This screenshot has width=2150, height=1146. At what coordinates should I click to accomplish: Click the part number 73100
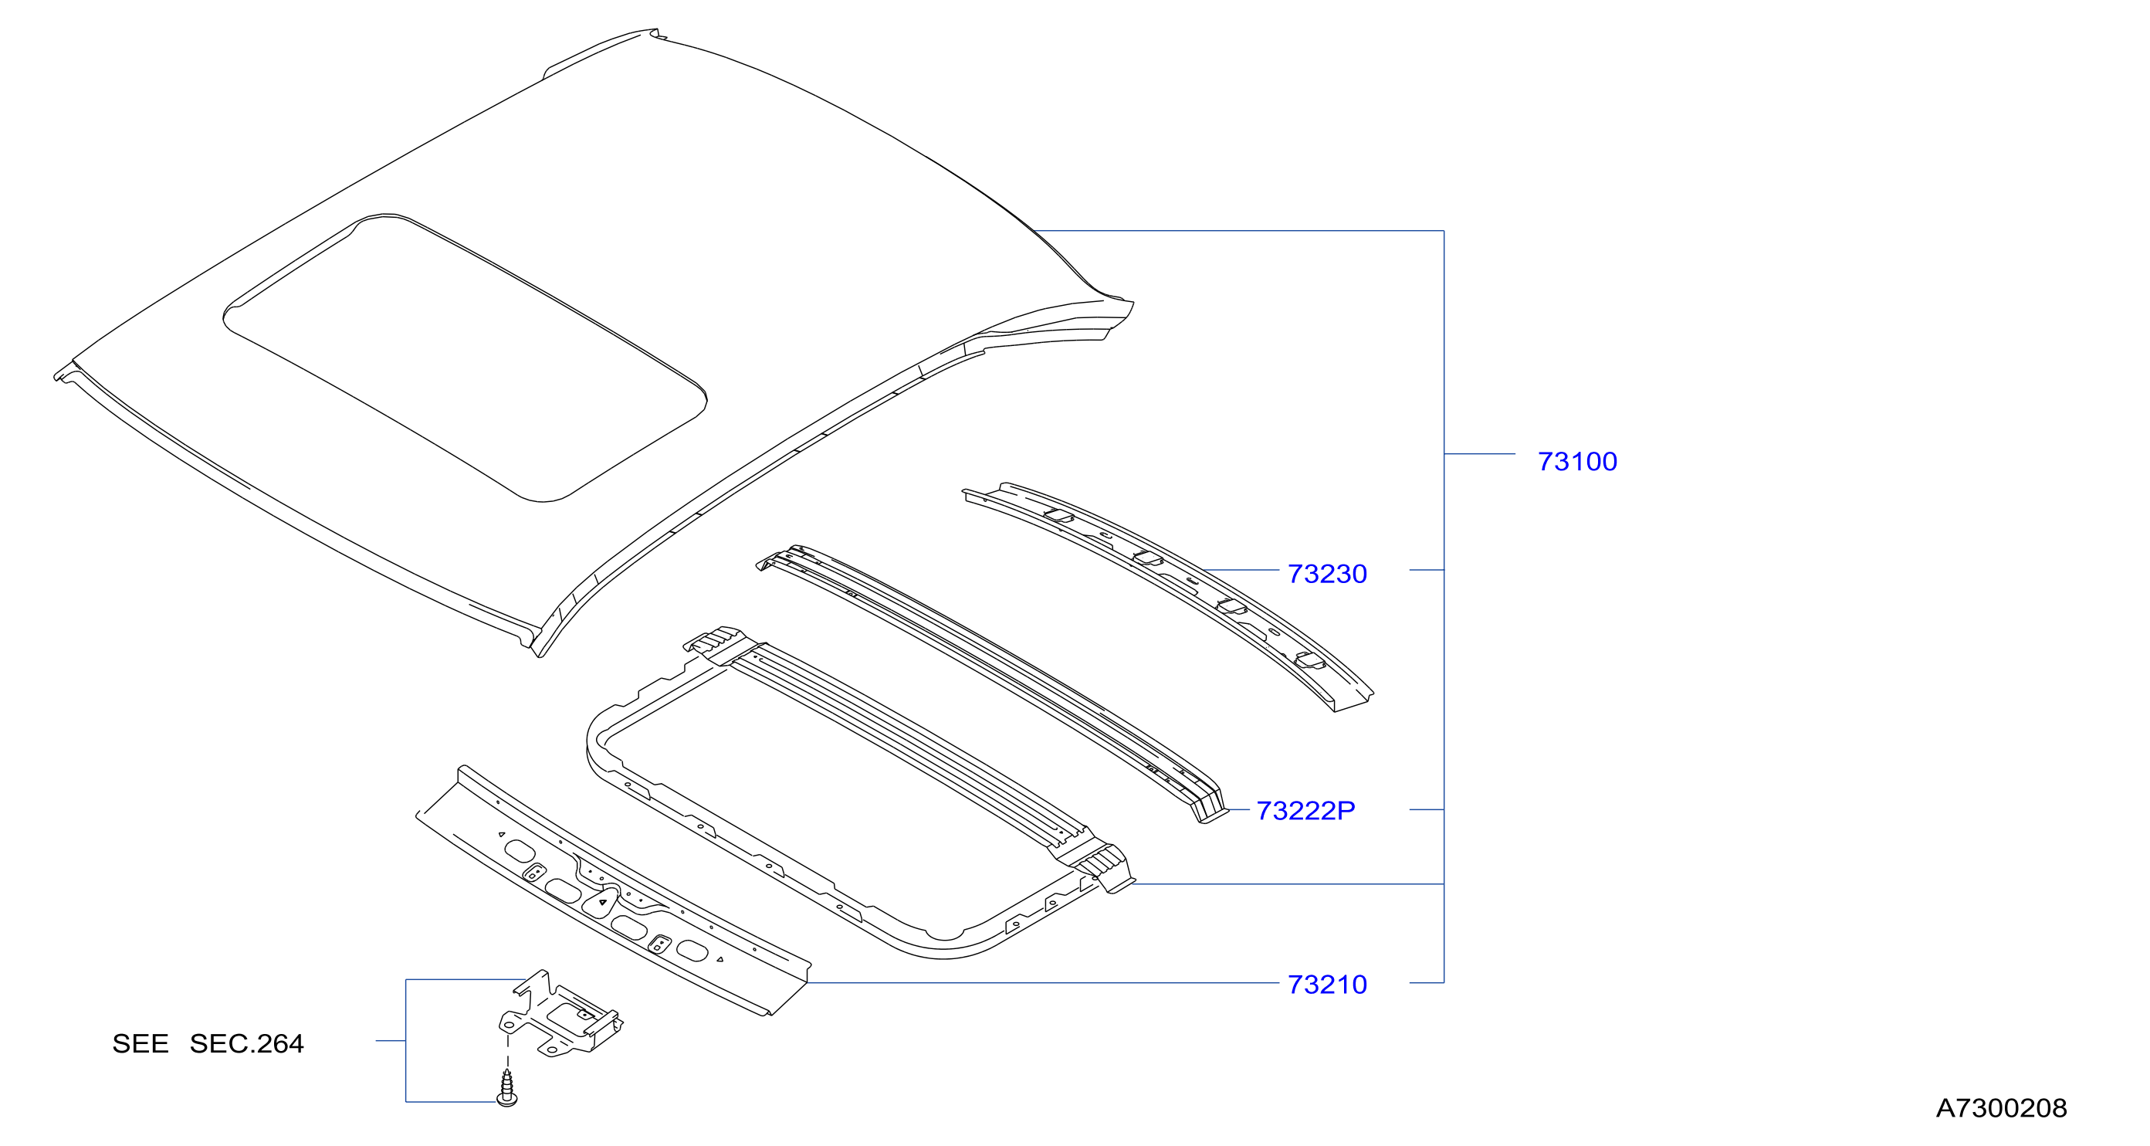pos(1576,462)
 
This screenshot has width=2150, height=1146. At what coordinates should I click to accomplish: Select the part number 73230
pos(1327,575)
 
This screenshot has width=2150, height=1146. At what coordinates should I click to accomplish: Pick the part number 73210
pos(1327,985)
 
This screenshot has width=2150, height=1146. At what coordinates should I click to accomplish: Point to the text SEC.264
pos(246,1044)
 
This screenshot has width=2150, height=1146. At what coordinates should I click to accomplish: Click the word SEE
pos(141,1044)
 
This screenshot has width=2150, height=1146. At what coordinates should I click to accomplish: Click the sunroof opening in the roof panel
pos(465,358)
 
